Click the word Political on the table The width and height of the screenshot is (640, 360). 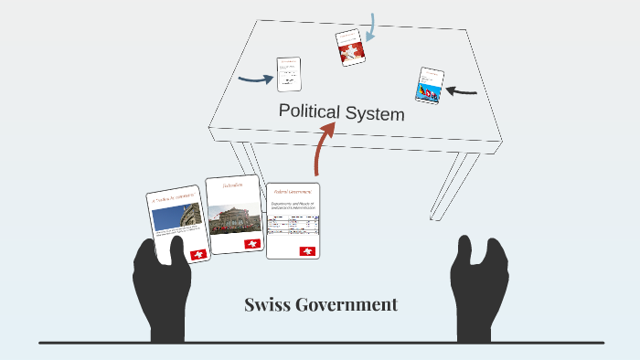click(308, 111)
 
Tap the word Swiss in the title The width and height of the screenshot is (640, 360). click(268, 304)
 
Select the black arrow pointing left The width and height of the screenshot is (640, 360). click(463, 90)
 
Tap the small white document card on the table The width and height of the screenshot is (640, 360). click(290, 74)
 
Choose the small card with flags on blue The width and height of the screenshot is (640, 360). click(429, 84)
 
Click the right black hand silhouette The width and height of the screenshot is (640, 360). click(479, 282)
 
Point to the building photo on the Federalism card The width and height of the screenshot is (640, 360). click(234, 220)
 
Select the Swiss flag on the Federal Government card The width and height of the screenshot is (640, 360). click(306, 250)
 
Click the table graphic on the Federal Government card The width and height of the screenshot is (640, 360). click(293, 225)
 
